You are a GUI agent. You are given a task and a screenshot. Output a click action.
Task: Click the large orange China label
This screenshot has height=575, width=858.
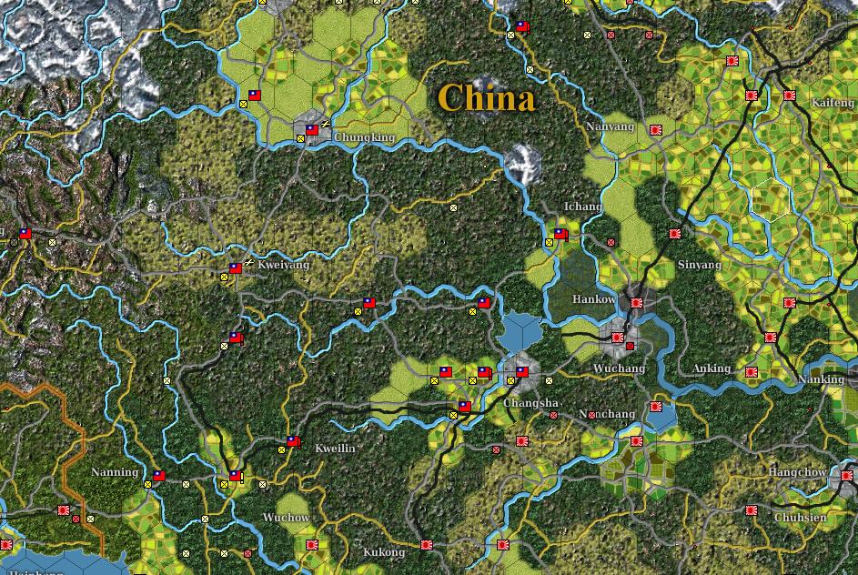[486, 98]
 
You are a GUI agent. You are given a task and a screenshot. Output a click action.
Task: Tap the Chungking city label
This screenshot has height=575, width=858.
[365, 138]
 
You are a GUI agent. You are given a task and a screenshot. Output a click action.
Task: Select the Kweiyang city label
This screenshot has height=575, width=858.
[284, 265]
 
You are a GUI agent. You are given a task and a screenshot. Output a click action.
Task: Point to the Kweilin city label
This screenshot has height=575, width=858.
[335, 449]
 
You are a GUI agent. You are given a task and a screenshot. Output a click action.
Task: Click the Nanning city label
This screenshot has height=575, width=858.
[115, 472]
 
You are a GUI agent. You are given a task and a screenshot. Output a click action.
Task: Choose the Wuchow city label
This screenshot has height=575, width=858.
[286, 518]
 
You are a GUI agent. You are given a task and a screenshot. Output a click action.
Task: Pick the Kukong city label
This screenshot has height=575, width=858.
[383, 552]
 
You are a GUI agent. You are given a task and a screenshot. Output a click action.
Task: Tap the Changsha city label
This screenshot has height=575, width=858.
[531, 402]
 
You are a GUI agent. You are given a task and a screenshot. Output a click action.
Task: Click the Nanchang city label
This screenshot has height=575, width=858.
[607, 414]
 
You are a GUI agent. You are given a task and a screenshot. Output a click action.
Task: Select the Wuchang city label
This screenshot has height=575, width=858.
[619, 368]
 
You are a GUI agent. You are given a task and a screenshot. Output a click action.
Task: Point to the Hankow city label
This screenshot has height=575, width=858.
[593, 299]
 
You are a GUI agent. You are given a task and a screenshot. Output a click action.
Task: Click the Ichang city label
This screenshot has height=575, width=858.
[582, 207]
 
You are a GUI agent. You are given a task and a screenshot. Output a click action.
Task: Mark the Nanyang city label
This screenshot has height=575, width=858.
[610, 126]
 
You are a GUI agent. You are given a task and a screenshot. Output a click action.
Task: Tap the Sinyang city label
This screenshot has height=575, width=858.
[699, 265]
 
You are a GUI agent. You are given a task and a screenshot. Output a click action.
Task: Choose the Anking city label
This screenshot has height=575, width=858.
[712, 368]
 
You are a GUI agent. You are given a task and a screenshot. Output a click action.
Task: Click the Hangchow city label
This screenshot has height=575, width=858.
[797, 472]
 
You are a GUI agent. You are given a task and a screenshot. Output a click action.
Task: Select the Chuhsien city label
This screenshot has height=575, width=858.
[800, 518]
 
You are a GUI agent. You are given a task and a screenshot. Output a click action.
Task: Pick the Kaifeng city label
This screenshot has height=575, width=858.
[833, 103]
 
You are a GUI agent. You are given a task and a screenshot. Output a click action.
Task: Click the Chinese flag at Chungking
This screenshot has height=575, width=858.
[312, 130]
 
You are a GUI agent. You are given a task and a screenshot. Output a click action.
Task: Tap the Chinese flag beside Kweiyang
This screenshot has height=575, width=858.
[236, 268]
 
